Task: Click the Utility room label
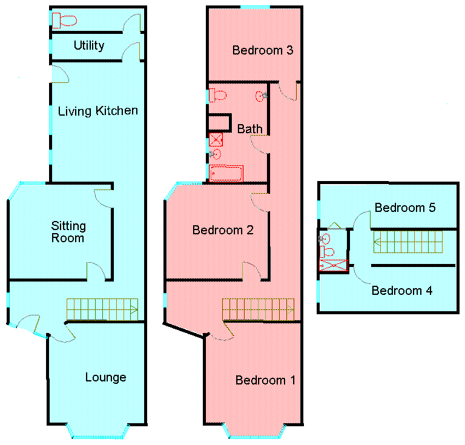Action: click(x=88, y=45)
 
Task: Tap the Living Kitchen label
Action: click(x=97, y=111)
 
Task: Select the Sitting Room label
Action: click(x=68, y=232)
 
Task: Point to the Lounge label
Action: click(x=105, y=377)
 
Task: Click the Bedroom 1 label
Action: click(x=265, y=380)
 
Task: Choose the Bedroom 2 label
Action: click(x=223, y=230)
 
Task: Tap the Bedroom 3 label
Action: click(x=263, y=50)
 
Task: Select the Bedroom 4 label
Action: click(x=401, y=291)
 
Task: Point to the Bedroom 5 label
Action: click(x=405, y=208)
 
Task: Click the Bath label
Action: click(x=249, y=129)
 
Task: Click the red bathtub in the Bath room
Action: click(x=226, y=173)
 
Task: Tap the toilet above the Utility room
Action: click(x=64, y=21)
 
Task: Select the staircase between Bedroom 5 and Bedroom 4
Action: click(x=408, y=242)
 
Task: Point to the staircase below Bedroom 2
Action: click(x=258, y=309)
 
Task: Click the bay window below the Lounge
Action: click(x=97, y=432)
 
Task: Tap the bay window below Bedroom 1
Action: click(x=254, y=432)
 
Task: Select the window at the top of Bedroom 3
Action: click(x=255, y=7)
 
